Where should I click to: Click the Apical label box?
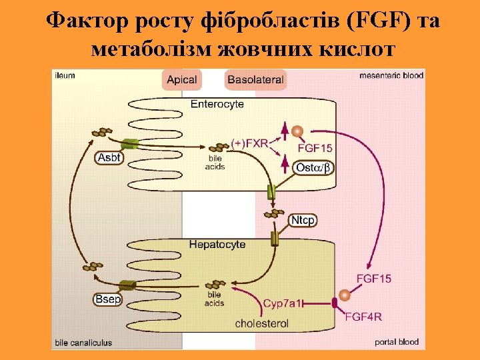click(181, 80)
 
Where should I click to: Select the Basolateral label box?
click(256, 80)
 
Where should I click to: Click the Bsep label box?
click(107, 299)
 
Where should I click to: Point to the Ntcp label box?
click(303, 220)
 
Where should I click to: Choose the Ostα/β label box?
click(313, 167)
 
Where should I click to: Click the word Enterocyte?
click(217, 104)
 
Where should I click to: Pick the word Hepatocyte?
click(217, 245)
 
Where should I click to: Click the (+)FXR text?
click(249, 143)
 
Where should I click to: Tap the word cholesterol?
click(262, 324)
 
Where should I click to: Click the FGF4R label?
click(363, 316)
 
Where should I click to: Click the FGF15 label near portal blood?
click(374, 278)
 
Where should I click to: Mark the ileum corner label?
click(65, 75)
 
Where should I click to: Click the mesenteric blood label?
click(391, 75)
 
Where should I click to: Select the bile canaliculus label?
click(83, 343)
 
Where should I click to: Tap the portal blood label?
click(397, 342)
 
